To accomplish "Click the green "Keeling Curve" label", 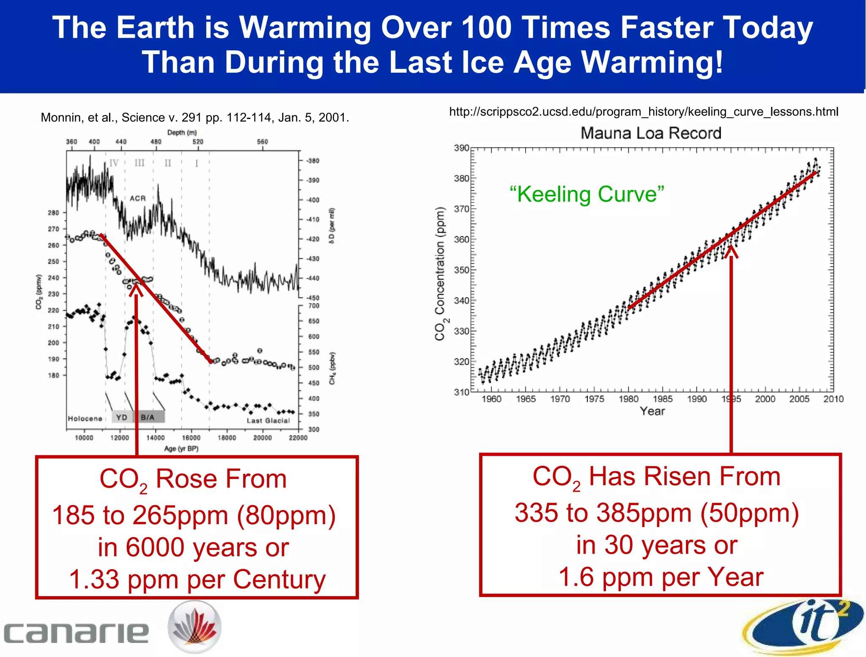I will pyautogui.click(x=587, y=194).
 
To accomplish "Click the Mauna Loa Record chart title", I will pyautogui.click(x=650, y=133).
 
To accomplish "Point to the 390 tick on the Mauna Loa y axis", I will pyautogui.click(x=461, y=148).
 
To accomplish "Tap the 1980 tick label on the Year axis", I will pyautogui.click(x=628, y=399).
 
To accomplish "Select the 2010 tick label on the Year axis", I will pyautogui.click(x=833, y=399).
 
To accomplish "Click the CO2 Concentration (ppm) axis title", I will pyautogui.click(x=440, y=274).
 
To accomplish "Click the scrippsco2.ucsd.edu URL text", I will pyautogui.click(x=643, y=112).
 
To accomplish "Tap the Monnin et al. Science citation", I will pyautogui.click(x=195, y=118).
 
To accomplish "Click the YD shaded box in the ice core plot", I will pyautogui.click(x=122, y=417).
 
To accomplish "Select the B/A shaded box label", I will pyautogui.click(x=148, y=417).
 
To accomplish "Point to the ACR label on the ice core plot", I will pyautogui.click(x=137, y=198).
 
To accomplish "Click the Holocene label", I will pyautogui.click(x=85, y=418).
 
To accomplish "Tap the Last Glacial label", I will pyautogui.click(x=268, y=421).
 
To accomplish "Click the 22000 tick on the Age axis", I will pyautogui.click(x=298, y=438).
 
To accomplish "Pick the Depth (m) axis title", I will pyautogui.click(x=182, y=132).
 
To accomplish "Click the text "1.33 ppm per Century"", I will pyautogui.click(x=197, y=579).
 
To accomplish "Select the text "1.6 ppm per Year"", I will pyautogui.click(x=660, y=577).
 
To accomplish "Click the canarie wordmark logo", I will pyautogui.click(x=76, y=633).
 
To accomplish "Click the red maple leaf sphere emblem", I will pyautogui.click(x=195, y=627).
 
